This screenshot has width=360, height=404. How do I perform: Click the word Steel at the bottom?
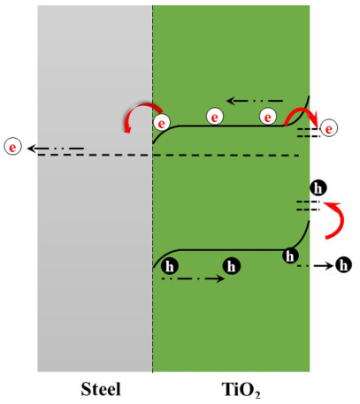click(101, 389)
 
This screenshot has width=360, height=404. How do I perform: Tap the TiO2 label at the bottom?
click(241, 390)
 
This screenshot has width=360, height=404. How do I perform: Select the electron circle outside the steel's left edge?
click(12, 147)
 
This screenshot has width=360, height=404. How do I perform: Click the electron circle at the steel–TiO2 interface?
click(162, 123)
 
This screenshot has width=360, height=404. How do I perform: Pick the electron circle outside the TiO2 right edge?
click(329, 128)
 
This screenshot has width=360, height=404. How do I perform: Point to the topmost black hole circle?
click(318, 188)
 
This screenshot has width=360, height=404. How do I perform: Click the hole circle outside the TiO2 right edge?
click(343, 265)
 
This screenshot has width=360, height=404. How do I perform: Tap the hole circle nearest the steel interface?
click(170, 266)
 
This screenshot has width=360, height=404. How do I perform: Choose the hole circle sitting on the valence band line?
click(290, 255)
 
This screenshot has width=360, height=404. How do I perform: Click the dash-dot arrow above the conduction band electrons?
click(255, 101)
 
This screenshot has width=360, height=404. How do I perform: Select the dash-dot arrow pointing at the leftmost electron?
click(56, 149)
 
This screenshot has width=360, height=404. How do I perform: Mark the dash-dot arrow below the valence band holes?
click(193, 278)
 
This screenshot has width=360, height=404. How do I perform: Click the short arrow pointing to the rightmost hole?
click(315, 266)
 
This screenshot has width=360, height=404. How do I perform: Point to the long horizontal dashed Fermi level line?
click(169, 155)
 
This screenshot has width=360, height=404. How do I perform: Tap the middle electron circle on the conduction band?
click(215, 117)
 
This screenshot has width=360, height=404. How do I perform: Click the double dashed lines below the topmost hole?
click(308, 206)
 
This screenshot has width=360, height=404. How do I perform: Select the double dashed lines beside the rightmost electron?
click(308, 133)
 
